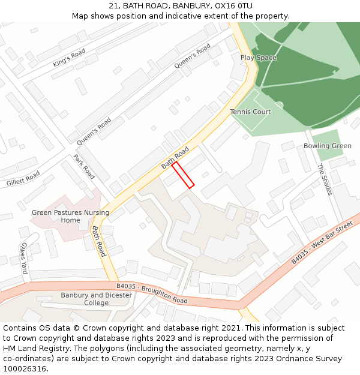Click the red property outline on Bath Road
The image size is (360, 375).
(183, 175)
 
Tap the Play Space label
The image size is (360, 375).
(259, 58)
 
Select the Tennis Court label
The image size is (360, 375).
(250, 112)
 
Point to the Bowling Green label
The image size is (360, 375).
(327, 146)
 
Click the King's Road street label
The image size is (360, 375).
(70, 58)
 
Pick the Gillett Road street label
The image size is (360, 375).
(23, 178)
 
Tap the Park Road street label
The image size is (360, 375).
(84, 167)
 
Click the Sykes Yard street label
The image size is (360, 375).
(23, 259)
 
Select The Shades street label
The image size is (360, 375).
(325, 179)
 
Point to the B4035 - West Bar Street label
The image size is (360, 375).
(322, 242)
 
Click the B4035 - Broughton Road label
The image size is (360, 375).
(152, 293)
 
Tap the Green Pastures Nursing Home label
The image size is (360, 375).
(70, 216)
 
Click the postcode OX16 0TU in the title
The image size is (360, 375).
(232, 6)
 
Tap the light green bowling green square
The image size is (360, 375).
(328, 144)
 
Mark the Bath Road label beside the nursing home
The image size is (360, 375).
(98, 241)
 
